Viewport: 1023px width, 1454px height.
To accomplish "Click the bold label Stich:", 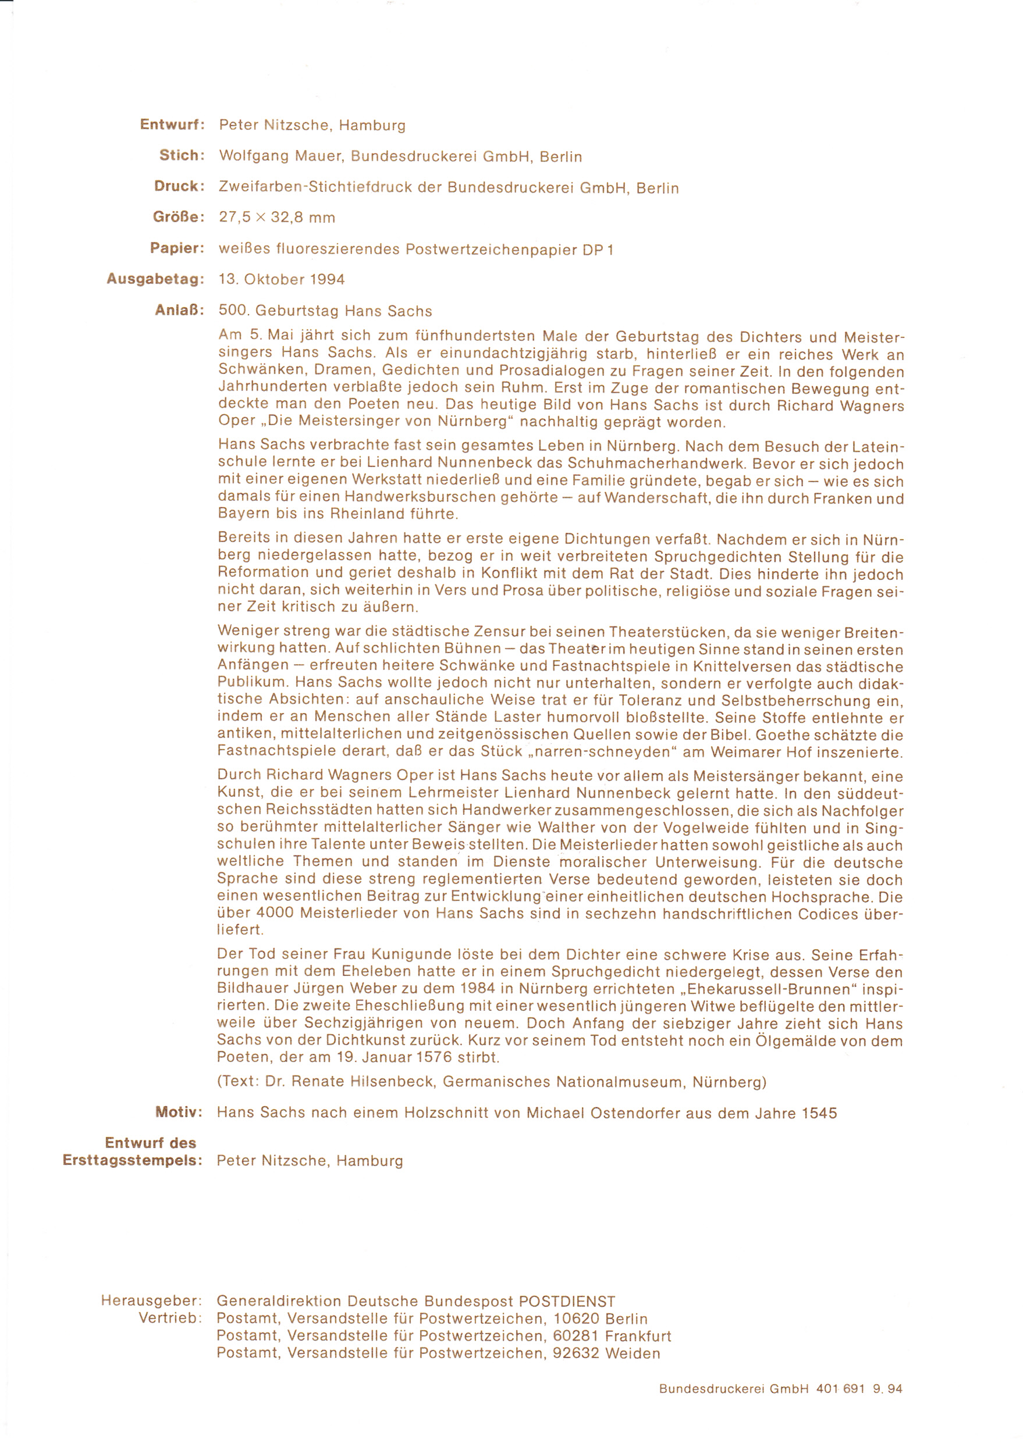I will point(182,156).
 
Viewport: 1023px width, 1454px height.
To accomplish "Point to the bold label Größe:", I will point(179,217).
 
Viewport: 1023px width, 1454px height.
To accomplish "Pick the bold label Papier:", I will point(177,248).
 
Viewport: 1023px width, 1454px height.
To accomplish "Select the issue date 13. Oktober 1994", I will point(281,279).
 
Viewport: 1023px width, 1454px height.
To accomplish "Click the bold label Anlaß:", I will point(180,311).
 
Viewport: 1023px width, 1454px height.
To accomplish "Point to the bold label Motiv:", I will point(179,1112).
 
